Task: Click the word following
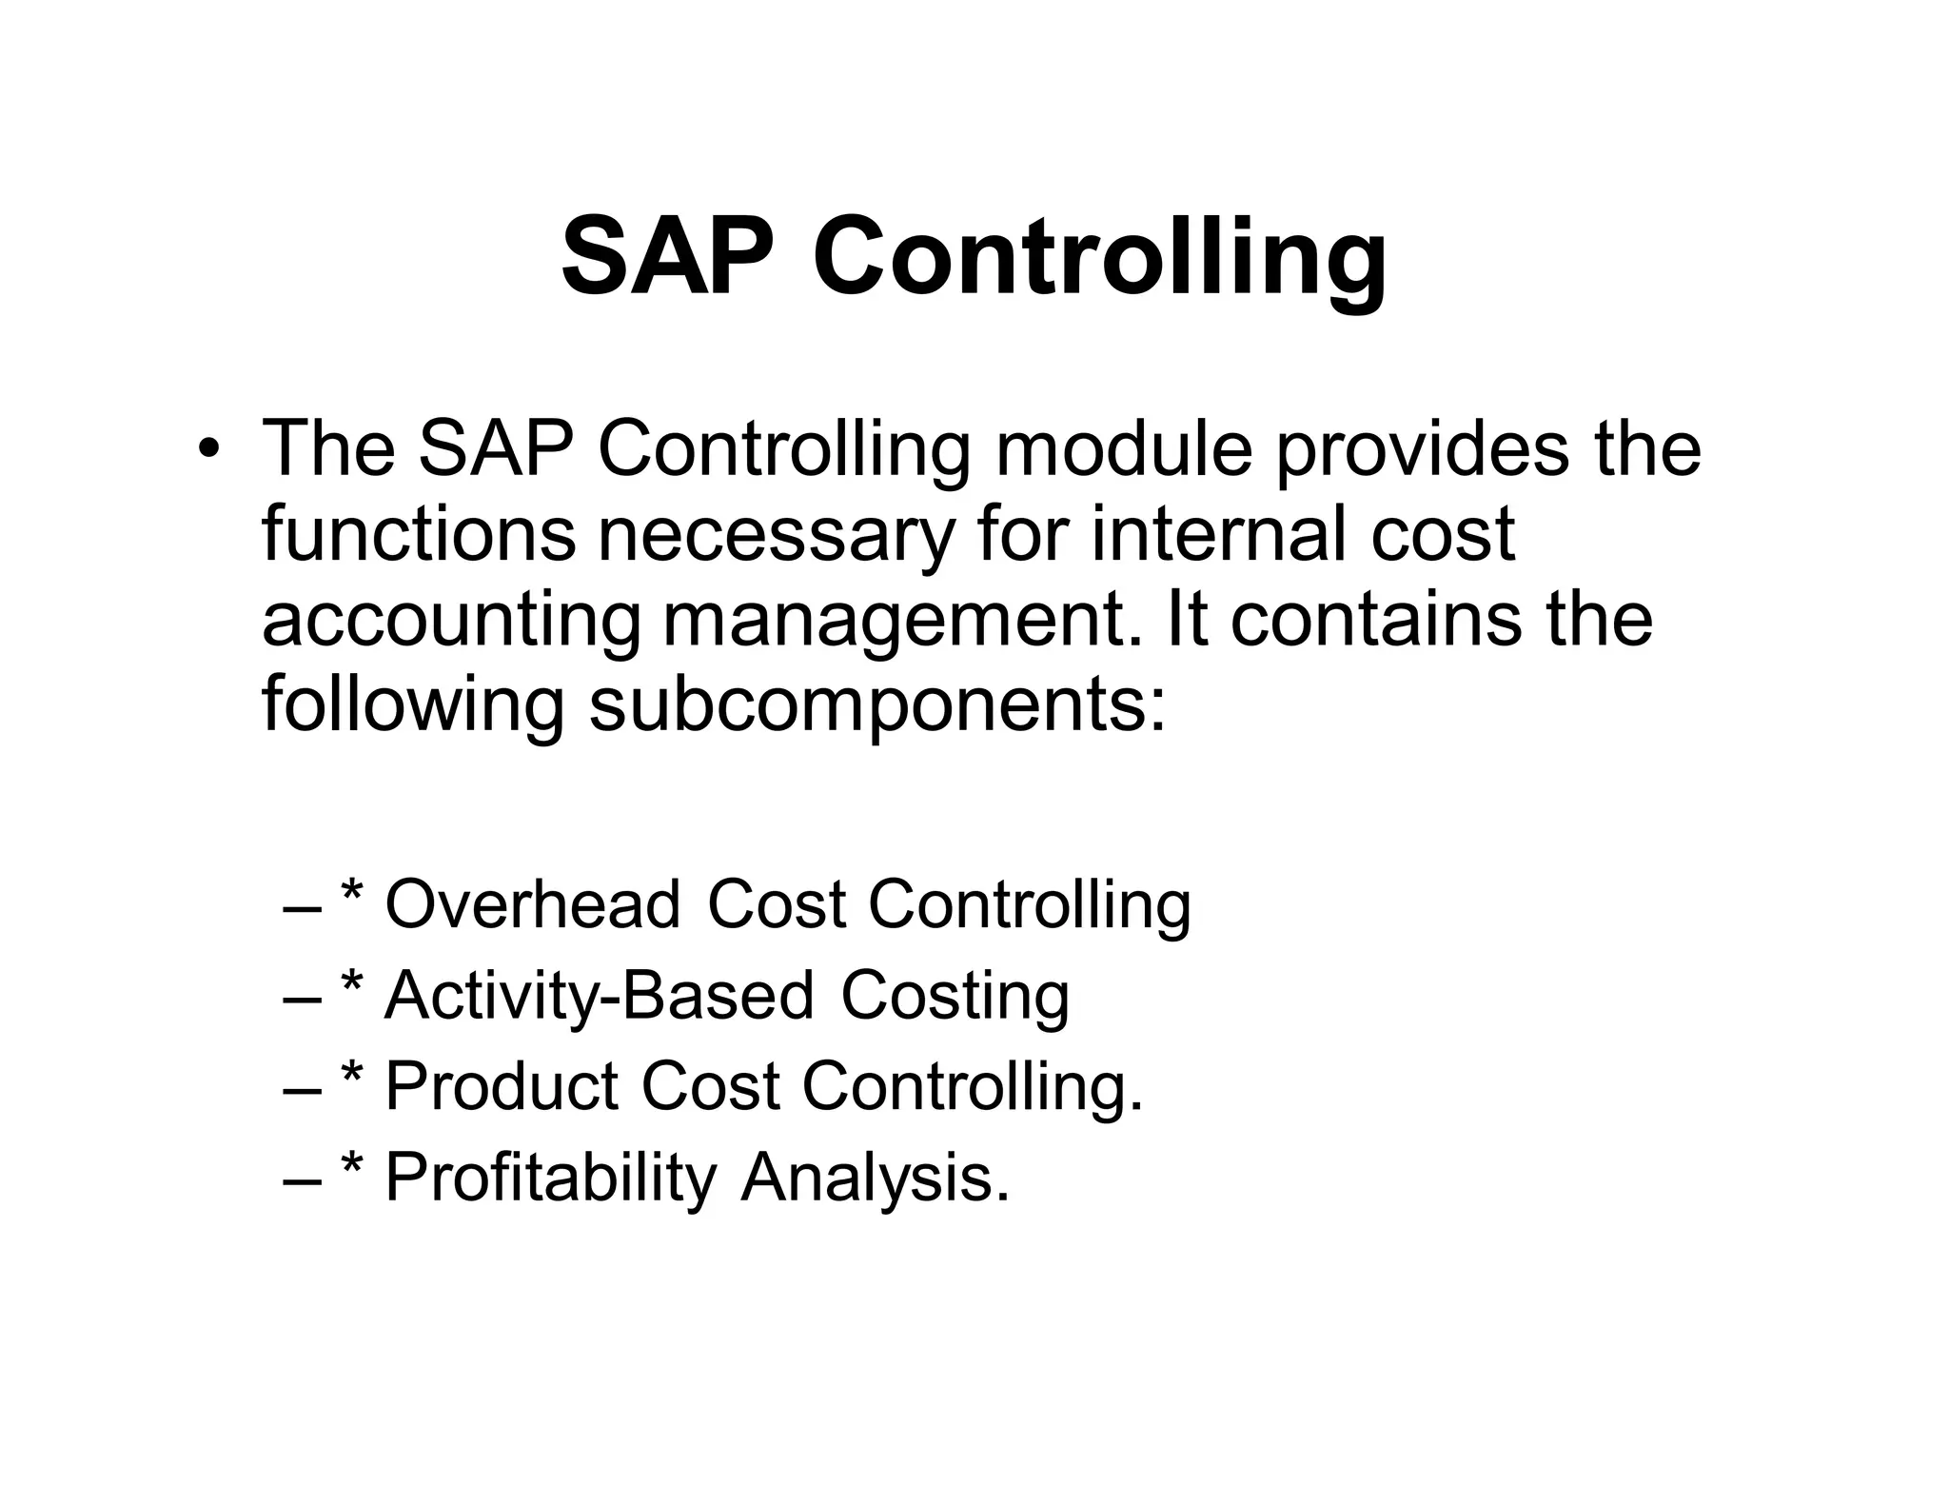(413, 707)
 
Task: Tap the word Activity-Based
(599, 996)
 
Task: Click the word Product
(502, 1086)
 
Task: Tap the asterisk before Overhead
(352, 892)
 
